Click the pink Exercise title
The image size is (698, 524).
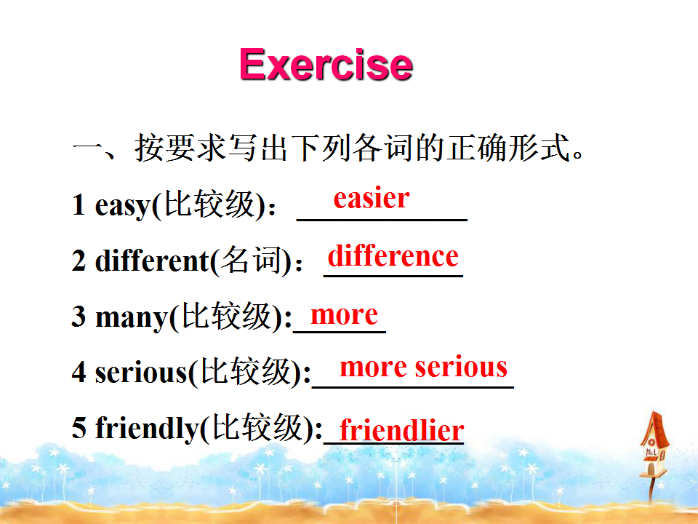pyautogui.click(x=326, y=65)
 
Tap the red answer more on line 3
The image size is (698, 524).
pyautogui.click(x=344, y=315)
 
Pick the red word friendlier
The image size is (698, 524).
pyautogui.click(x=401, y=429)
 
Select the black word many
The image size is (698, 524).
pyautogui.click(x=132, y=318)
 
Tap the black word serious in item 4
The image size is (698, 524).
pyautogui.click(x=141, y=372)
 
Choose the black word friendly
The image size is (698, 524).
pyautogui.click(x=147, y=428)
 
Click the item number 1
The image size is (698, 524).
pyautogui.click(x=79, y=205)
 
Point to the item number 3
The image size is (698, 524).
pyautogui.click(x=79, y=316)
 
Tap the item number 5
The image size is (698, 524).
pyautogui.click(x=79, y=427)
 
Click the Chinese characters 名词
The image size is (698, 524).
pyautogui.click(x=251, y=260)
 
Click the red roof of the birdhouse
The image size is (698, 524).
pyautogui.click(x=654, y=429)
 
